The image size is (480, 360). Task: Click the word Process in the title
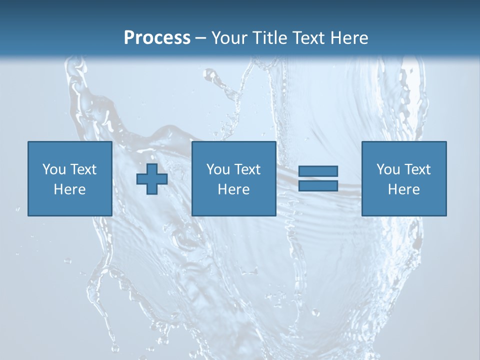(x=157, y=38)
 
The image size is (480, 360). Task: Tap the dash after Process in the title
(x=201, y=38)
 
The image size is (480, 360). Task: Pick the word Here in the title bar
(x=350, y=38)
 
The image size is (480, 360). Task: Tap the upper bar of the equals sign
(x=318, y=171)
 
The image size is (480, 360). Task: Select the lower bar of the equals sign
(x=318, y=185)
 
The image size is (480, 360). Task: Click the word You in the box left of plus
(x=54, y=169)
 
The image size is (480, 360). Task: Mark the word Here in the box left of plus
(x=69, y=189)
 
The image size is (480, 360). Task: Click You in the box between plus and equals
(x=218, y=169)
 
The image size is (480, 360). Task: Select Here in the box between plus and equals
(x=233, y=189)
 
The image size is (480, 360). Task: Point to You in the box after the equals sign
(x=388, y=169)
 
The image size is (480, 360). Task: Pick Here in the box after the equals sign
(x=403, y=189)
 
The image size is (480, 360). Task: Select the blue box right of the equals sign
(x=404, y=205)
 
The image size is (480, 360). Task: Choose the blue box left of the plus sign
(x=70, y=205)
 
